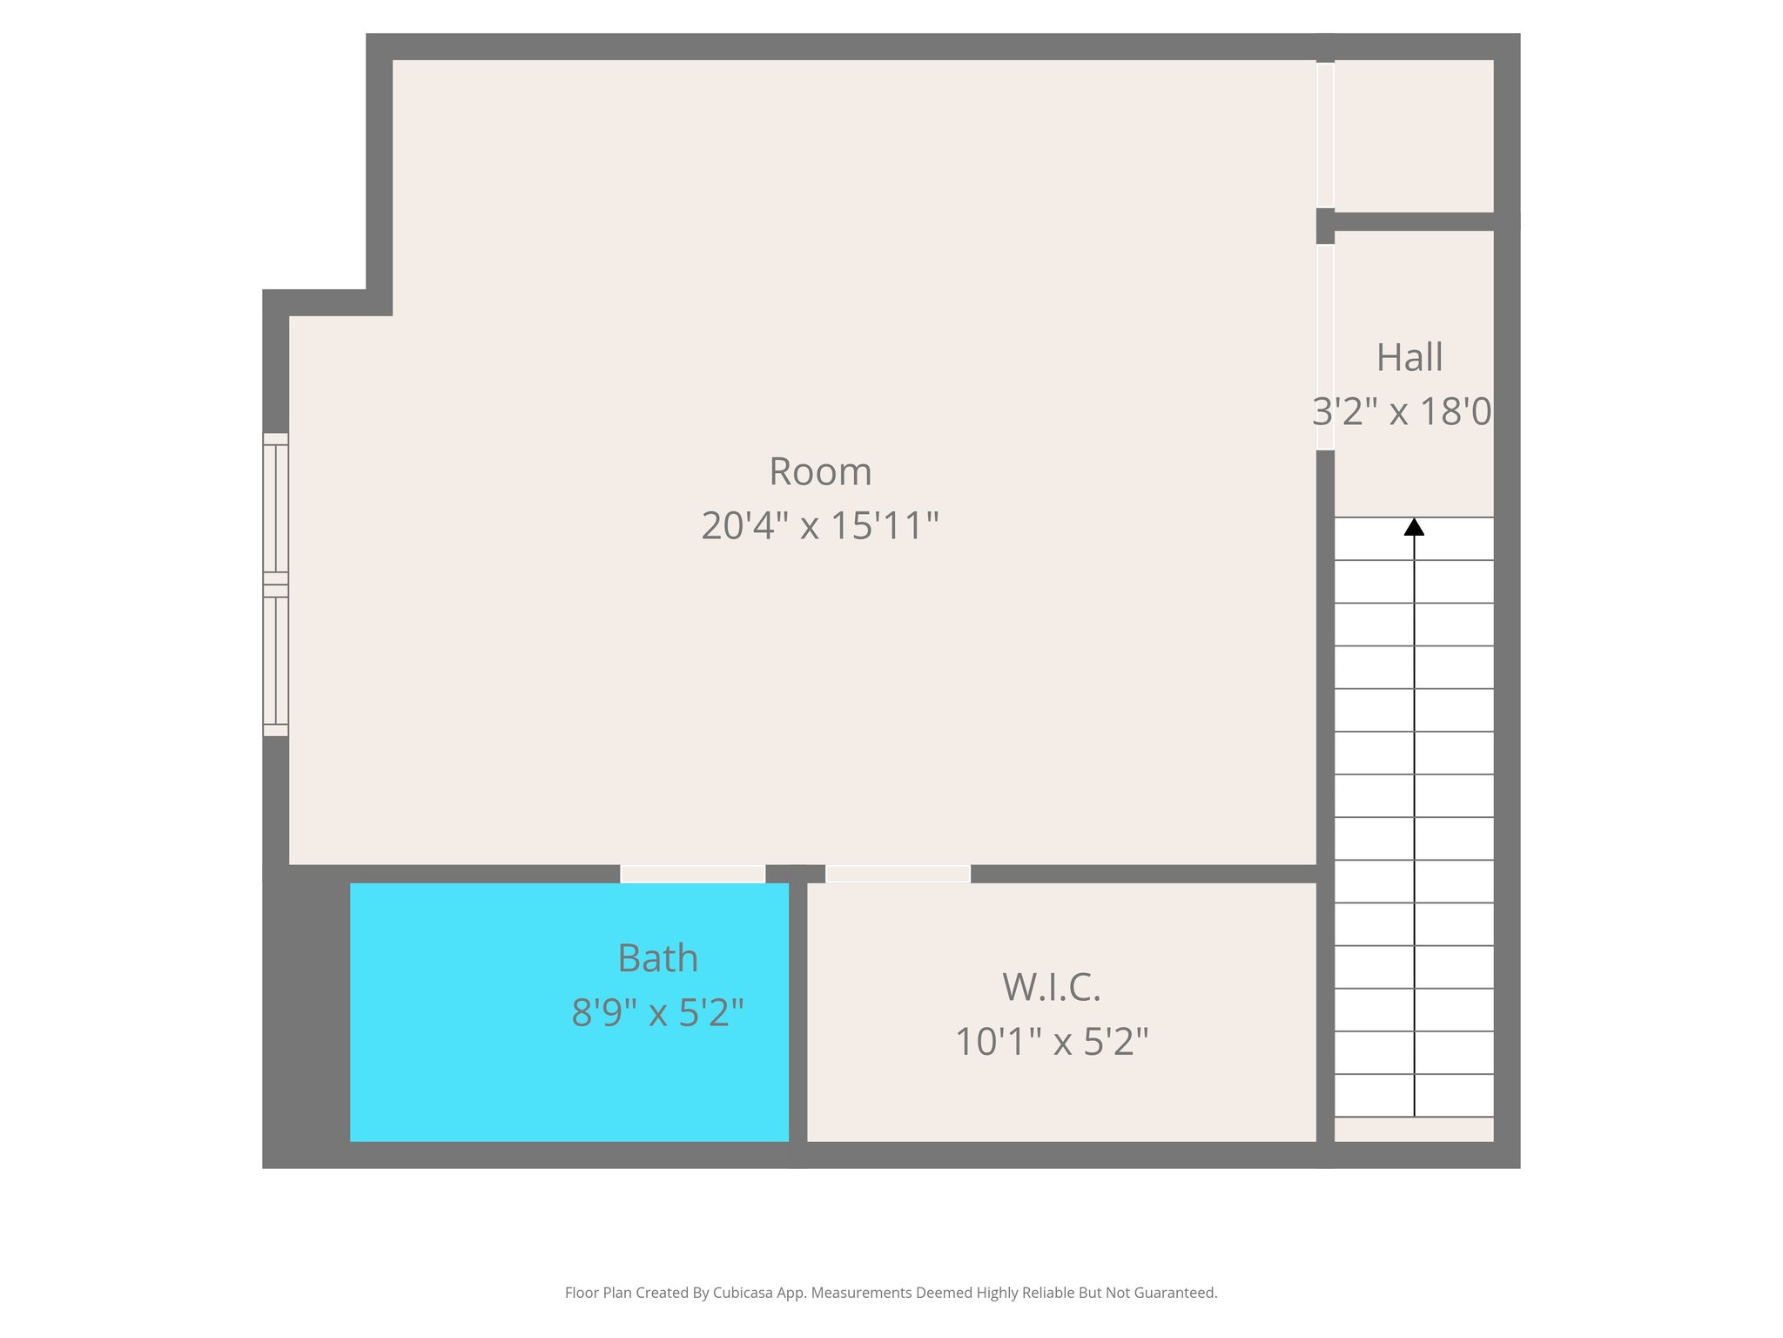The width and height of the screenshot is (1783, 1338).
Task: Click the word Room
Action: coord(820,472)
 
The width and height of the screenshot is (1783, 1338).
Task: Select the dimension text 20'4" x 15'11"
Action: coord(820,526)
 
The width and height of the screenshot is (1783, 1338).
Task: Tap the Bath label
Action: coord(657,959)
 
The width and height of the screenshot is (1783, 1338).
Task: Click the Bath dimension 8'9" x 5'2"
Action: coord(657,1013)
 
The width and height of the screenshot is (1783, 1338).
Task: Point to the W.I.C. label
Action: coord(1052,987)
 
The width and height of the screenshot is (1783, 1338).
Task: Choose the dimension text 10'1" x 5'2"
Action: coord(1052,1042)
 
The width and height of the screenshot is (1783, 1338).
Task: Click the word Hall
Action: coord(1410,358)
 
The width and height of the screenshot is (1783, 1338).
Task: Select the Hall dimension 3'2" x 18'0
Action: coord(1402,412)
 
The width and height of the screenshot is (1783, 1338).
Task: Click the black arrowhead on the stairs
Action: coord(1414,527)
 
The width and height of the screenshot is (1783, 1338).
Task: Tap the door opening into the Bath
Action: coord(692,874)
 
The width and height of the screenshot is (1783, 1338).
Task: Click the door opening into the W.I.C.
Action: coord(898,874)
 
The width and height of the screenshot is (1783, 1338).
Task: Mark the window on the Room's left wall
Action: coord(275,585)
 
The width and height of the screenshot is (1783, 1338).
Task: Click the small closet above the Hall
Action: coord(1413,135)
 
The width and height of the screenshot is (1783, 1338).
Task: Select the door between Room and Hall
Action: coord(1325,348)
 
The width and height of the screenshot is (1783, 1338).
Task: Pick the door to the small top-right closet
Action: coord(1325,135)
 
